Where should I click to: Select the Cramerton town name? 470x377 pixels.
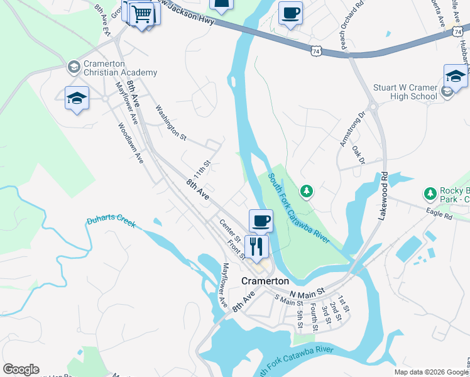click(266, 281)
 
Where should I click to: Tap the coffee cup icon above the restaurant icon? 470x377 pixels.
click(261, 221)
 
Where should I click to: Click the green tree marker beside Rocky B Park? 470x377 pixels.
click(430, 192)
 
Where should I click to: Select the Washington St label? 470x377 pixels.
click(172, 122)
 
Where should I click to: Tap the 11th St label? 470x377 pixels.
click(201, 169)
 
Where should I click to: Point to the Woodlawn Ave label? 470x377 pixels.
click(131, 143)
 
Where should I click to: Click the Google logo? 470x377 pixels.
click(21, 369)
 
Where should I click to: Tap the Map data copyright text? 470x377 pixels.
click(431, 372)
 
